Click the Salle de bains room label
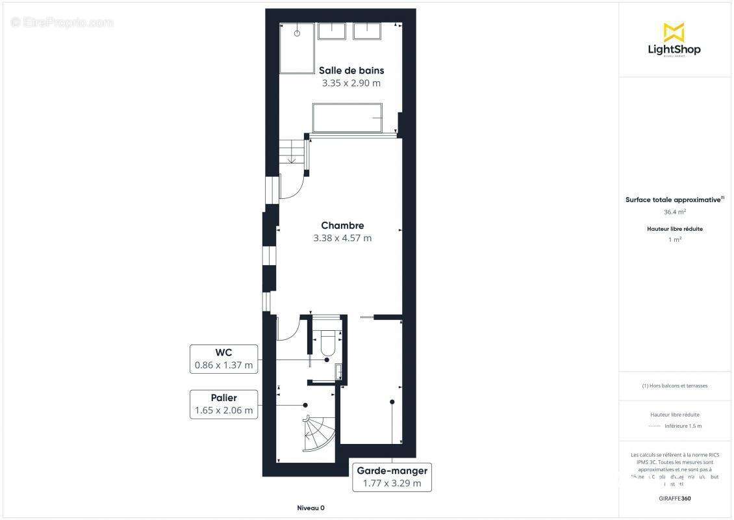pyautogui.click(x=351, y=70)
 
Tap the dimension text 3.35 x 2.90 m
pyautogui.click(x=351, y=83)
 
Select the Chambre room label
pyautogui.click(x=342, y=226)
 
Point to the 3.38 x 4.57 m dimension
pyautogui.click(x=342, y=238)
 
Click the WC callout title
pyautogui.click(x=224, y=353)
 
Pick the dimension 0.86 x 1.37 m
pyautogui.click(x=224, y=365)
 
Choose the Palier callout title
pyautogui.click(x=224, y=398)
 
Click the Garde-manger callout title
pyautogui.click(x=392, y=471)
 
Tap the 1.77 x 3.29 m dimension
pyautogui.click(x=392, y=483)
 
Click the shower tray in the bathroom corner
pyautogui.click(x=297, y=48)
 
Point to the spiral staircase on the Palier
pyautogui.click(x=318, y=432)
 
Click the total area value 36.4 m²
pyautogui.click(x=675, y=212)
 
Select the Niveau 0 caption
pyautogui.click(x=310, y=508)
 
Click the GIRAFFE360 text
pyautogui.click(x=675, y=499)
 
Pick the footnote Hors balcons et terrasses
pyautogui.click(x=675, y=385)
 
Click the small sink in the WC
pyautogui.click(x=338, y=371)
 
